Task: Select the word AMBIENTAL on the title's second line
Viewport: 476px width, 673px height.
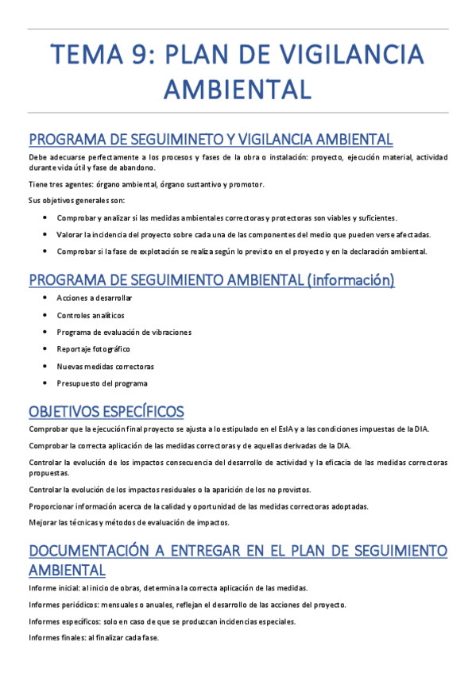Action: (x=238, y=88)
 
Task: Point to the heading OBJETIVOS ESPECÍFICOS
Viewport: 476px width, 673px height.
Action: (x=106, y=411)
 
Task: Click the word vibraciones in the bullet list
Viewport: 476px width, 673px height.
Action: (x=168, y=332)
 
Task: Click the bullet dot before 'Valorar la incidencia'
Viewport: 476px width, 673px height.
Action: (x=47, y=234)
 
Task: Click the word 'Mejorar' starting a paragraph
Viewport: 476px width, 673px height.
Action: (x=42, y=522)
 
